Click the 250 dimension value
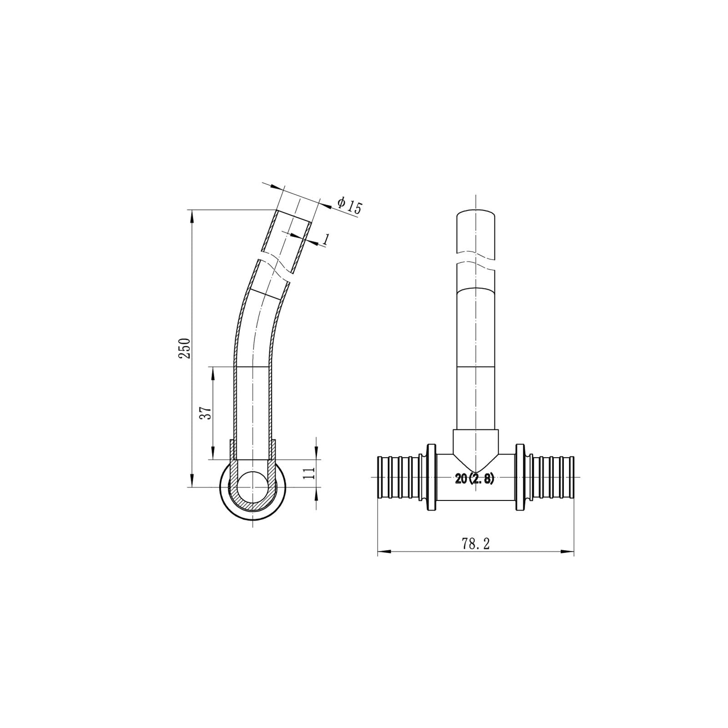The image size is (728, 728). point(184,348)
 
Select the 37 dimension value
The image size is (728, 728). point(206,413)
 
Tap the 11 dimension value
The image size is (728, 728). point(309,473)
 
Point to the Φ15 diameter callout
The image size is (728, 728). point(349,206)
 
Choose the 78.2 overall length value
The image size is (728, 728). point(475,544)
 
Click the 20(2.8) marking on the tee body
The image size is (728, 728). point(474,479)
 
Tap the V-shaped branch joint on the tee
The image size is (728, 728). point(475,455)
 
